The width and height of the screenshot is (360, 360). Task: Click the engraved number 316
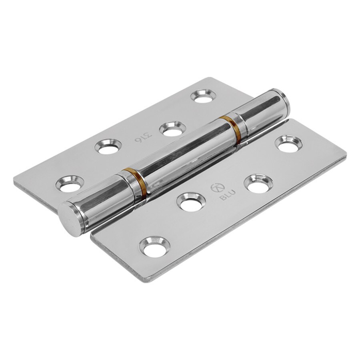(x=141, y=138)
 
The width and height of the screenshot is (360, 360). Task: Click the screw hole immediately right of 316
(x=171, y=129)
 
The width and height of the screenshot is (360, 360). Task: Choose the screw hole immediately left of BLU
(x=190, y=202)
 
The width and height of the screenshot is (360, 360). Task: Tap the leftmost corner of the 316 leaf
(x=14, y=180)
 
